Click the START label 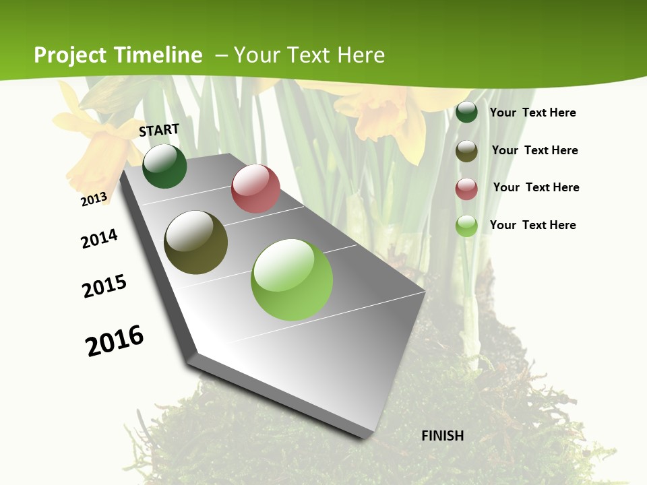[159, 130]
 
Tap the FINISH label [443, 436]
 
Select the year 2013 [94, 199]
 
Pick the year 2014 [100, 238]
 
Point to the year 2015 [104, 286]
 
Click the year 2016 [115, 341]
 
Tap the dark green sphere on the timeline [164, 166]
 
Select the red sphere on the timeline [255, 189]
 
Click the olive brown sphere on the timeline [196, 243]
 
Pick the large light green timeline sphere [292, 280]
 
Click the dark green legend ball [466, 112]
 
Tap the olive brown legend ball [466, 151]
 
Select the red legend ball [466, 189]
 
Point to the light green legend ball [466, 226]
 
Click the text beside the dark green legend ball [532, 112]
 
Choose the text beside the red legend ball [536, 187]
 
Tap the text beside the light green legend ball [532, 225]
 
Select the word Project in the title [71, 55]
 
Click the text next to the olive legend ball [534, 150]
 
